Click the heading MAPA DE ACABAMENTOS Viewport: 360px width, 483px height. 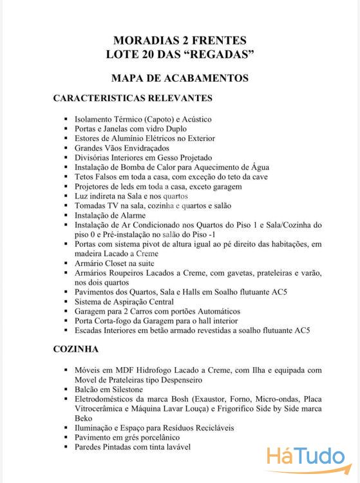[x=180, y=78]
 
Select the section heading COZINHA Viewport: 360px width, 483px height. [x=75, y=349]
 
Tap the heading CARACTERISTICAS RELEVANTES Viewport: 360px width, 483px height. [x=133, y=99]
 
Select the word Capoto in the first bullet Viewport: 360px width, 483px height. [x=159, y=119]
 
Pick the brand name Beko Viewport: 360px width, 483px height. [x=84, y=418]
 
